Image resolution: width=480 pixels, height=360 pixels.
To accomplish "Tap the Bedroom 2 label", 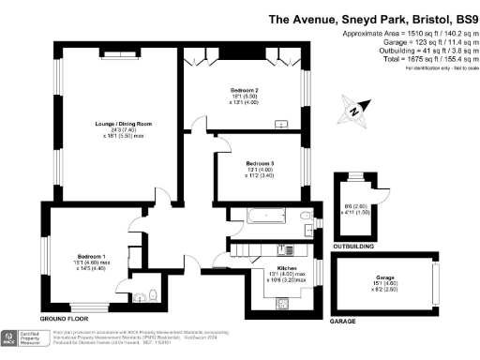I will (244, 90).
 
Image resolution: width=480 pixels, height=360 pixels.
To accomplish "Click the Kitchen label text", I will (277, 269).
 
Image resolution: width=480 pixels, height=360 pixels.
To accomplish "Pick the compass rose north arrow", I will (354, 111).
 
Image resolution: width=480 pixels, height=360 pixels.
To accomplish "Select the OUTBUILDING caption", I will (353, 247).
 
